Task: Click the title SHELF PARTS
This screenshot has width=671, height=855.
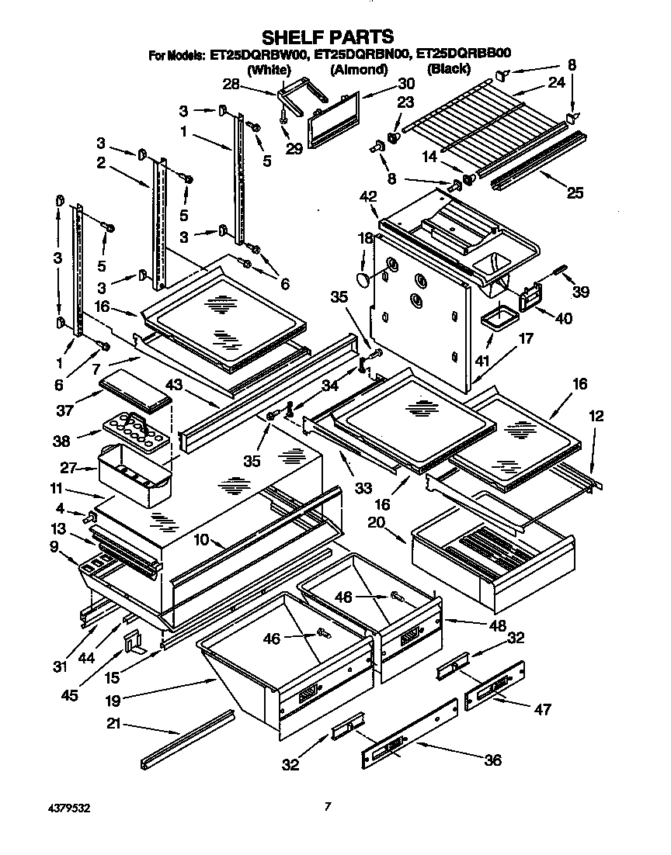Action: click(327, 36)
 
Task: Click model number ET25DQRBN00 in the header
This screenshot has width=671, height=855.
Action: click(362, 55)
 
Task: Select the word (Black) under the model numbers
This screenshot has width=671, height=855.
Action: click(449, 69)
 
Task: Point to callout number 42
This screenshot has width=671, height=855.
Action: click(367, 198)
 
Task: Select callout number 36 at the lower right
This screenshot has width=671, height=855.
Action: click(493, 760)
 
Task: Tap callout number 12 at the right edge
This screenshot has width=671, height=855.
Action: click(596, 417)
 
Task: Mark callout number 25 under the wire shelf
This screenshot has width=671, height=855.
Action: click(574, 193)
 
